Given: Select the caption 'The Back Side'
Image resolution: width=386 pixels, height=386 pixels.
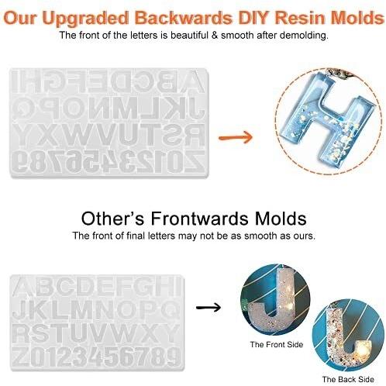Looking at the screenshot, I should tap(344, 379).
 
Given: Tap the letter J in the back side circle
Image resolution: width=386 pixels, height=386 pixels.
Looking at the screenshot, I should tap(348, 339).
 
